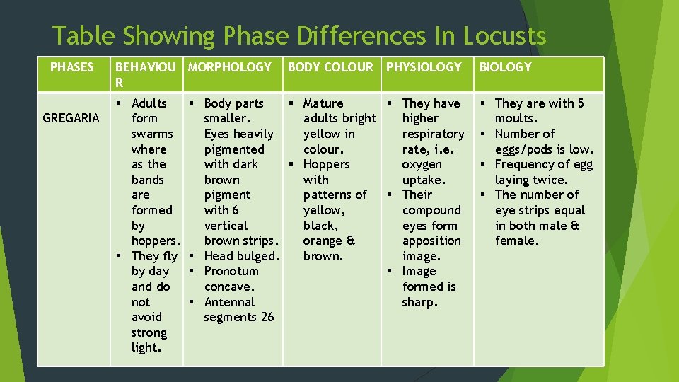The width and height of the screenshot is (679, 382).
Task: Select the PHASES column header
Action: pyautogui.click(x=71, y=67)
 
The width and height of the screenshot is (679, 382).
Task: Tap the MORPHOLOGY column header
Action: pyautogui.click(x=230, y=67)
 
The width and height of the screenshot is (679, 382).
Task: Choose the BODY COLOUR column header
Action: pyautogui.click(x=330, y=67)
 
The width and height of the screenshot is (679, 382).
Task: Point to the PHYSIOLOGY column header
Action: pyautogui.click(x=424, y=67)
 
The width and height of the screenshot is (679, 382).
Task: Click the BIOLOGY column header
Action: pyautogui.click(x=505, y=67)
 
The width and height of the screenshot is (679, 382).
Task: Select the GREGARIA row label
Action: pyautogui.click(x=71, y=118)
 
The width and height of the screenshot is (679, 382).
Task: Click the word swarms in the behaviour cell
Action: pyautogui.click(x=152, y=134)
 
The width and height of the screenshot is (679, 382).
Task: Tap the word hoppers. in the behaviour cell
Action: pyautogui.click(x=155, y=241)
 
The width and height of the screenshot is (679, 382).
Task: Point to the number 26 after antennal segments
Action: pyautogui.click(x=267, y=317)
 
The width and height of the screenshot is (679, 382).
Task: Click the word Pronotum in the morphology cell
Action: pyautogui.click(x=231, y=271)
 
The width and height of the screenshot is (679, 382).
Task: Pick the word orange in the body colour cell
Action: pyautogui.click(x=323, y=241)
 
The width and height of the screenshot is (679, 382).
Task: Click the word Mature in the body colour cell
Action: pyautogui.click(x=323, y=103)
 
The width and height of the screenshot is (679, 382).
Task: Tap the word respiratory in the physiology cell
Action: pyautogui.click(x=433, y=134)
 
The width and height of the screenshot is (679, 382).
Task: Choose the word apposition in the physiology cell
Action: pyautogui.click(x=431, y=241)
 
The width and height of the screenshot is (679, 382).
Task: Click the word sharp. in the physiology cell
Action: pyautogui.click(x=420, y=302)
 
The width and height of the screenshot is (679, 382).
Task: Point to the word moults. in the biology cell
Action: pyautogui.click(x=516, y=118)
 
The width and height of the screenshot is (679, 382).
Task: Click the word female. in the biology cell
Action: pyautogui.click(x=517, y=241)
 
